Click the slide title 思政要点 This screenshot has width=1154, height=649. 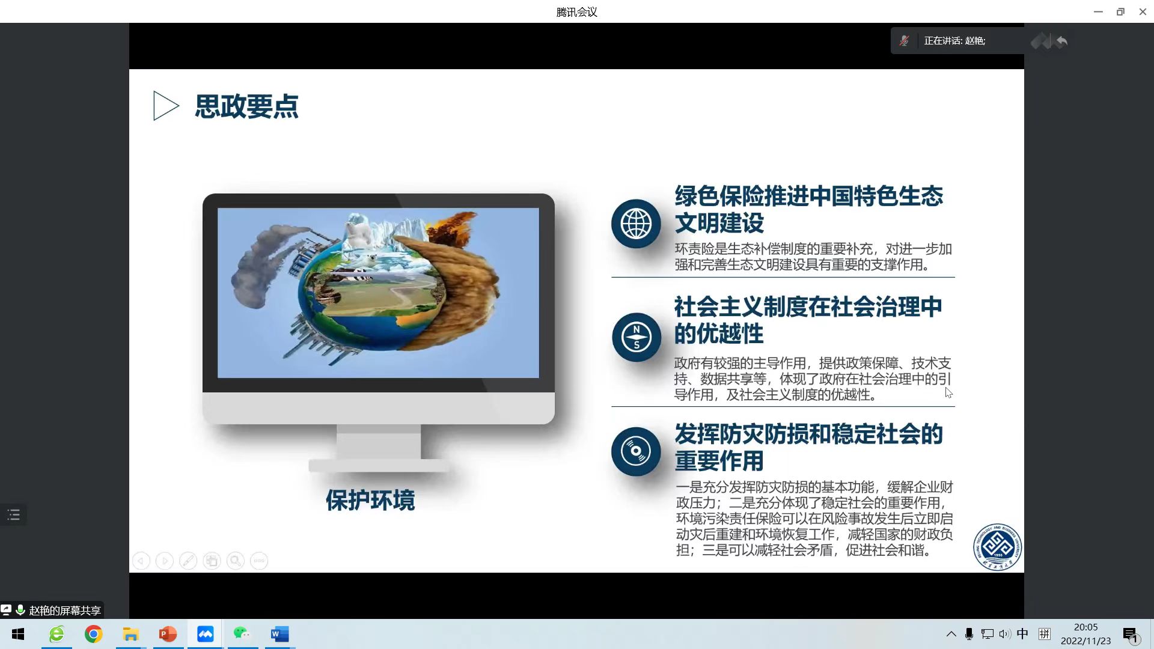click(x=246, y=106)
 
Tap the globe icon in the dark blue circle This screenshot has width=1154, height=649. click(x=636, y=224)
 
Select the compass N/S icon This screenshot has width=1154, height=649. click(x=636, y=337)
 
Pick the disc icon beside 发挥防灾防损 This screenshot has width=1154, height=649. click(x=636, y=451)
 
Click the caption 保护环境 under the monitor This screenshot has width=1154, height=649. click(x=370, y=500)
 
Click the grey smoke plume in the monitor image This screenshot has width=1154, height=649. click(x=264, y=264)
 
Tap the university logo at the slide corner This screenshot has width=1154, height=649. click(x=997, y=547)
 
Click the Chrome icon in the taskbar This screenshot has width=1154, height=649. click(x=93, y=634)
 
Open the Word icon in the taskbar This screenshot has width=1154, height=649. click(x=279, y=634)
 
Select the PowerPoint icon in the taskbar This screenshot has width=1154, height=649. click(x=168, y=634)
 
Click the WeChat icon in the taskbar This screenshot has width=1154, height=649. click(x=242, y=633)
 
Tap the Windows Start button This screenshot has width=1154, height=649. click(x=18, y=634)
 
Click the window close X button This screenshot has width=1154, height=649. click(x=1143, y=11)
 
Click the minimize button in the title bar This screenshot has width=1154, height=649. click(x=1098, y=11)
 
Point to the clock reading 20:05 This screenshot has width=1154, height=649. click(x=1085, y=627)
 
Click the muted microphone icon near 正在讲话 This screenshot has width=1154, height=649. click(x=904, y=41)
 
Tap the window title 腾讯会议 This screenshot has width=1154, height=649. click(x=576, y=12)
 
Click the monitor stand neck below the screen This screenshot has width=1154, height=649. click(x=379, y=442)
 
